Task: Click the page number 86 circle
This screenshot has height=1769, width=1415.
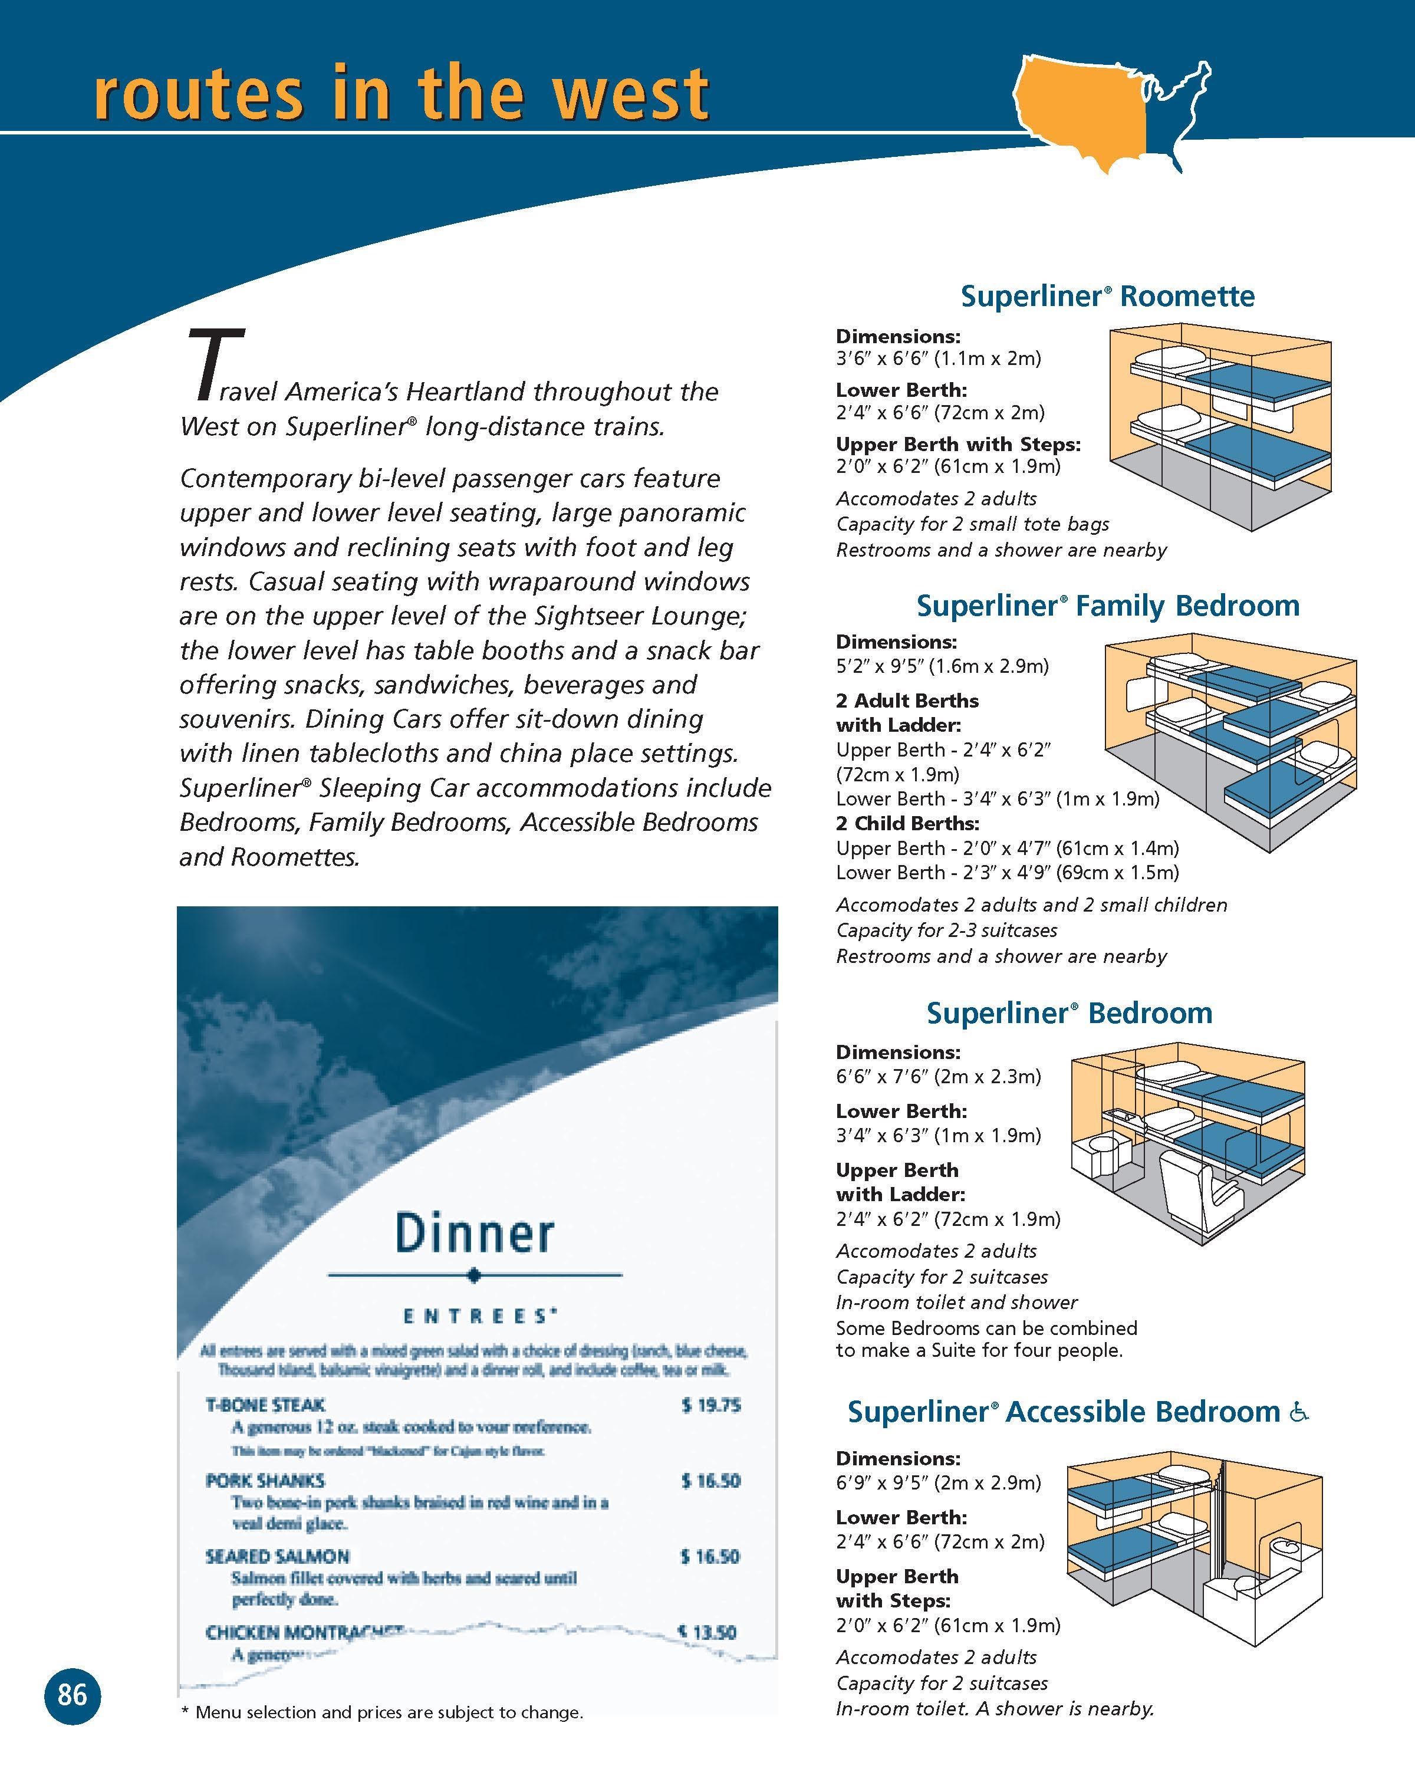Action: coord(72,1694)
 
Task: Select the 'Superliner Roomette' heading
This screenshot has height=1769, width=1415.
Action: coord(1107,296)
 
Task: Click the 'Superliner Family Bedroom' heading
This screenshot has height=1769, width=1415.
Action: coord(1107,606)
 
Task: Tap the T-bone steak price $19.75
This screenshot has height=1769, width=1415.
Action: coord(710,1405)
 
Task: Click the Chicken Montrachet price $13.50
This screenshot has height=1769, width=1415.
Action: coord(710,1632)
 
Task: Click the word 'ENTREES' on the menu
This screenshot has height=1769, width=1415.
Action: coord(476,1317)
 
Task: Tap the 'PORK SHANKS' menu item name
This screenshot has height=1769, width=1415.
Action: coord(265,1480)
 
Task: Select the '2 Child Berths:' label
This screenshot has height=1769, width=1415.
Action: coord(907,823)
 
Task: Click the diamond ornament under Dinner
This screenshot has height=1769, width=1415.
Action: coord(474,1275)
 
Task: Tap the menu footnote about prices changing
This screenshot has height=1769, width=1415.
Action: coord(381,1712)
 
